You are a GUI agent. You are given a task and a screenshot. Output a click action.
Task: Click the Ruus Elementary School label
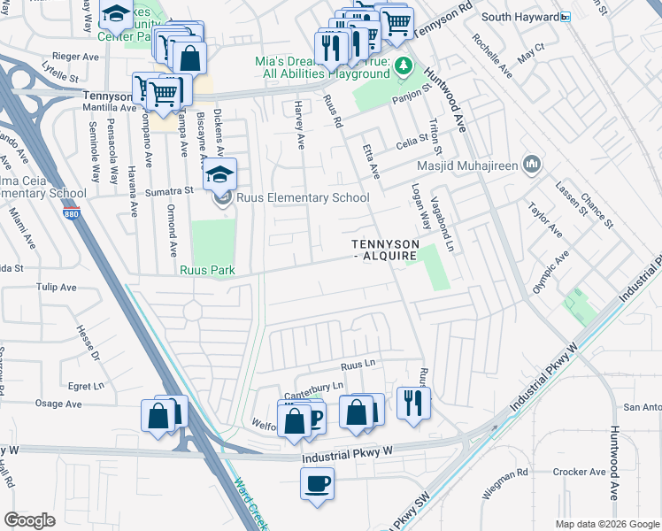coord(302,198)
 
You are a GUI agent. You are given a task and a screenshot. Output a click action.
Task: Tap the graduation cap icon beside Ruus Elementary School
coord(221,174)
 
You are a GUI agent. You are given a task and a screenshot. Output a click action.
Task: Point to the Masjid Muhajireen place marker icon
coord(532,165)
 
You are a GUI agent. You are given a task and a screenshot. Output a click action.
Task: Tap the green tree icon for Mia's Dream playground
coord(403,65)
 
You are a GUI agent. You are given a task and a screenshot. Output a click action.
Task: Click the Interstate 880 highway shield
coord(71,213)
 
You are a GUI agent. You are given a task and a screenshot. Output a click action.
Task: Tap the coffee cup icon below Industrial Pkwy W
coord(317,483)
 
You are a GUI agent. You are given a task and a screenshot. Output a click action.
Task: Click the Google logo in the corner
coord(29,520)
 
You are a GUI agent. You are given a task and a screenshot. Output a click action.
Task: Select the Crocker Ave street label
coord(577,473)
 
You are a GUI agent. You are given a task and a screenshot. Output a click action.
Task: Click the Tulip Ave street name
coord(57,287)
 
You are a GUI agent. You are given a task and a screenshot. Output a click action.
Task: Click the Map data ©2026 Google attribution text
coord(606,524)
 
